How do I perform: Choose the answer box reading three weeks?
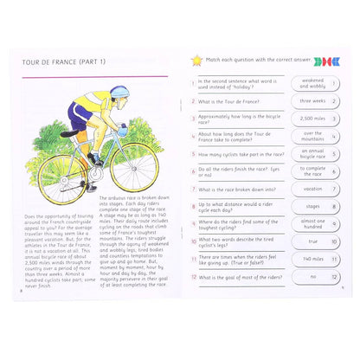[313, 101]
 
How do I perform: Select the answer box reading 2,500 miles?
[313, 119]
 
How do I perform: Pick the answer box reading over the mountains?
[313, 136]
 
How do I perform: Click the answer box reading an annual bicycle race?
[313, 154]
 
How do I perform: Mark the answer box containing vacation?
[313, 190]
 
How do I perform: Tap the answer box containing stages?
[313, 207]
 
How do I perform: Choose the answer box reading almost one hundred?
[313, 224]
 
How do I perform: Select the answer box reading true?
[313, 241]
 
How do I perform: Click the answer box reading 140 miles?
[313, 259]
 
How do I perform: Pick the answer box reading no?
[313, 277]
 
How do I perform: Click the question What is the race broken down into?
[237, 190]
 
